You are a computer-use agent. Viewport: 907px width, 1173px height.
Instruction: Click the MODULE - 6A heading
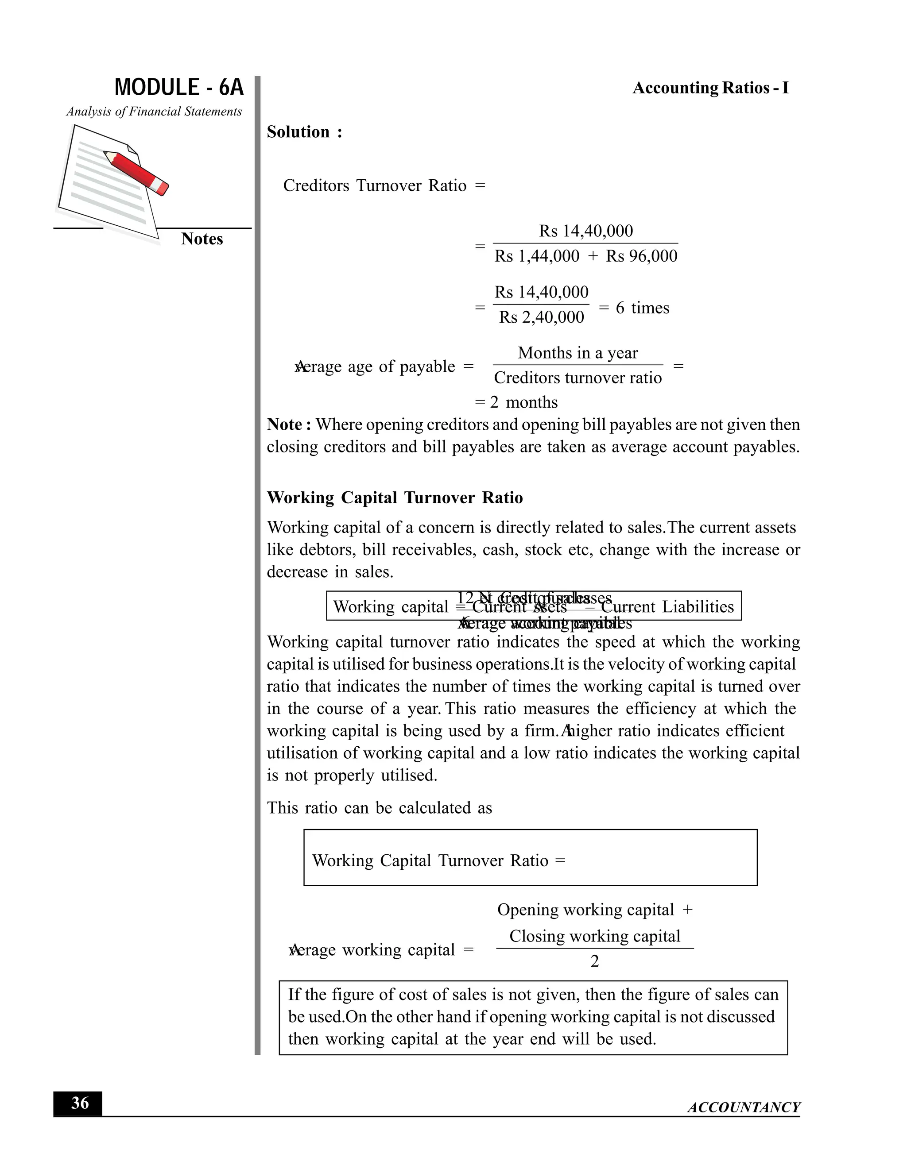point(179,88)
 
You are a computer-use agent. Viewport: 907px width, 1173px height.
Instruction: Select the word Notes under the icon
point(202,239)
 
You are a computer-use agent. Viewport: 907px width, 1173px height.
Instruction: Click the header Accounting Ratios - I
point(710,88)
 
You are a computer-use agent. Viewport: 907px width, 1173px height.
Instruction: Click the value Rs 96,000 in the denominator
point(642,256)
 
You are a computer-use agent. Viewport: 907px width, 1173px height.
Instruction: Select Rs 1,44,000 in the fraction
point(537,256)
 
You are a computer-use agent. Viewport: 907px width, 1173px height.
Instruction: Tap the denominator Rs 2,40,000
point(541,317)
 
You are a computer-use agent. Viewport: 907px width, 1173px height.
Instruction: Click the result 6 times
point(642,308)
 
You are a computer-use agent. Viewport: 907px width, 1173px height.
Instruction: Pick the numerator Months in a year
point(578,353)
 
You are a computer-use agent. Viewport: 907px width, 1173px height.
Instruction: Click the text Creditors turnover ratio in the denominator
point(578,378)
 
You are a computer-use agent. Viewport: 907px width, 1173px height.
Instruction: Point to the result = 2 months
point(516,402)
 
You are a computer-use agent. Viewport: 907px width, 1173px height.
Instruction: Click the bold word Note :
point(289,425)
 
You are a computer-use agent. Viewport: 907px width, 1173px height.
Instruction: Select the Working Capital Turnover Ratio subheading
point(395,498)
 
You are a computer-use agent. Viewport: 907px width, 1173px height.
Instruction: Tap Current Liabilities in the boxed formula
point(667,607)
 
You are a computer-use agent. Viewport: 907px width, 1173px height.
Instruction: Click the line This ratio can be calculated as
point(380,808)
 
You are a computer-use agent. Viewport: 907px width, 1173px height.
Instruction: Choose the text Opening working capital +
point(594,910)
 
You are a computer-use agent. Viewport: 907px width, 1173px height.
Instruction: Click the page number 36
point(80,1103)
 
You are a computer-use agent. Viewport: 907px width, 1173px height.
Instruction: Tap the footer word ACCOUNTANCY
point(744,1107)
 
